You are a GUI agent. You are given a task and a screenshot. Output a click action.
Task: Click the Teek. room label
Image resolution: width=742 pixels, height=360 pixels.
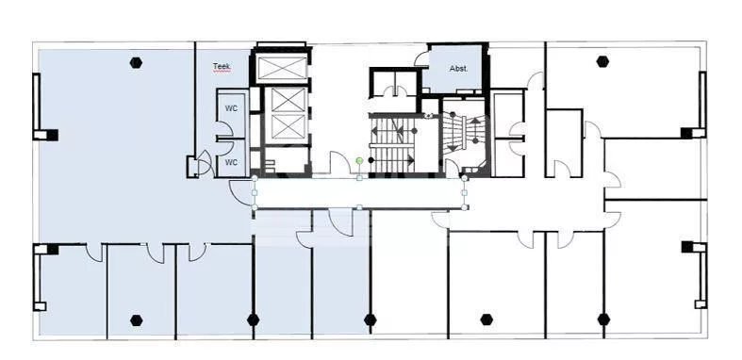[222, 66]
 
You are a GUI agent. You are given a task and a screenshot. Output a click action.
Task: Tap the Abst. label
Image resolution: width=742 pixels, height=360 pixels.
[458, 69]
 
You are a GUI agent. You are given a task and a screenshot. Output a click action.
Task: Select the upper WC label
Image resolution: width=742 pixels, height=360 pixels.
[231, 108]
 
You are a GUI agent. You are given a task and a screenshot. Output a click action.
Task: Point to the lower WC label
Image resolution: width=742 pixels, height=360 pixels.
[231, 162]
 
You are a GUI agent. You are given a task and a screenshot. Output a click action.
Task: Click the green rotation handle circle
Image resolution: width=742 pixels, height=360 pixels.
[359, 161]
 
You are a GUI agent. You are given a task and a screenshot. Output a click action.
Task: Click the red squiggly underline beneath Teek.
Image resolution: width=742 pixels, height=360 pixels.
[222, 71]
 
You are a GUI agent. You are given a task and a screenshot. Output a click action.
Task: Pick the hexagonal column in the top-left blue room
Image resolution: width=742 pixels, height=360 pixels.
[137, 62]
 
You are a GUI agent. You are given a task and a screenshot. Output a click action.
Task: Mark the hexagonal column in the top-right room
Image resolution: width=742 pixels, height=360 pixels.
[602, 61]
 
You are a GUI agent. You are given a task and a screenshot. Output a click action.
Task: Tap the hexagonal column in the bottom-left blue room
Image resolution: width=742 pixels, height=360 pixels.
[137, 320]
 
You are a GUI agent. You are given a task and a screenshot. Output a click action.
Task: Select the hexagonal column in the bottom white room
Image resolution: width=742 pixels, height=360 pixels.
[486, 319]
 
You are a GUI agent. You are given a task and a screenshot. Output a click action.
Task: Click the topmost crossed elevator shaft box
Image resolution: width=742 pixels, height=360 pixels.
[281, 68]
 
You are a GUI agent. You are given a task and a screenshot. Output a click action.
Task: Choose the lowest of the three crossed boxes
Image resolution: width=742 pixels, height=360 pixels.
[288, 127]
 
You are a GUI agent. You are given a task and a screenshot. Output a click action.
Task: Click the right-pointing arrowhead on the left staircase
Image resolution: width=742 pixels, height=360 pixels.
[410, 160]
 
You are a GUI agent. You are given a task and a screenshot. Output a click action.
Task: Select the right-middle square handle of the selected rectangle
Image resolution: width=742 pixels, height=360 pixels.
[464, 192]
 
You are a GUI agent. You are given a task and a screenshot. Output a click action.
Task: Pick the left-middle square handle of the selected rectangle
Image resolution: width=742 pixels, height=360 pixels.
[255, 192]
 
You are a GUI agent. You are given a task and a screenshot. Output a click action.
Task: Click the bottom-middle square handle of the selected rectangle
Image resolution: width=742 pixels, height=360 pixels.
[359, 207]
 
